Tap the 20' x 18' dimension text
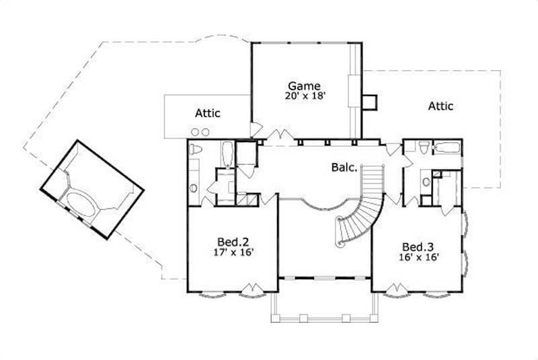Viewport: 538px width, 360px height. (x=305, y=96)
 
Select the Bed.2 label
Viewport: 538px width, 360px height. (x=231, y=242)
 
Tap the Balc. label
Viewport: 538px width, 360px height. (x=344, y=167)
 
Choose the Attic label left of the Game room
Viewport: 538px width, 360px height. (x=208, y=113)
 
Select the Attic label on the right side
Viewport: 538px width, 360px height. (x=440, y=106)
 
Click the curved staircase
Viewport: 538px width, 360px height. (x=363, y=209)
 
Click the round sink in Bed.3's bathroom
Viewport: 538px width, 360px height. (x=426, y=180)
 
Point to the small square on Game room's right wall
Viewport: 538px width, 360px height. (x=369, y=102)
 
